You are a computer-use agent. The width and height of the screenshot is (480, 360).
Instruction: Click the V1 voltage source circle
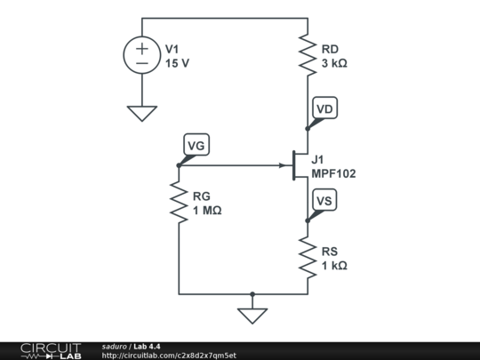click(142, 55)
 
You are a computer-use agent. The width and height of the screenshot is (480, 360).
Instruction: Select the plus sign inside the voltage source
click(142, 47)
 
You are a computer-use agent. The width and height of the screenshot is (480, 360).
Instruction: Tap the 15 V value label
click(177, 64)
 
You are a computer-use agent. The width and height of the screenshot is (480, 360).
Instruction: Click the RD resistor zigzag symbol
click(308, 55)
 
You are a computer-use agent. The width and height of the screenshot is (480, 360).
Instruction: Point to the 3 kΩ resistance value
click(334, 64)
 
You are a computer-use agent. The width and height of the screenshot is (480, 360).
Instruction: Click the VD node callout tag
click(325, 109)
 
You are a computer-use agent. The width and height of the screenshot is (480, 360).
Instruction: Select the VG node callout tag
click(196, 145)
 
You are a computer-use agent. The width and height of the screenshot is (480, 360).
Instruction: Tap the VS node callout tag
click(325, 202)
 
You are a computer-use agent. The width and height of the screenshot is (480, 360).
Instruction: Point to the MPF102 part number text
click(333, 174)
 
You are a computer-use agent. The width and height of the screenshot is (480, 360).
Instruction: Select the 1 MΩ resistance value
click(207, 212)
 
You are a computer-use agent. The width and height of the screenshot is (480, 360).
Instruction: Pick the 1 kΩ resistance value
click(334, 266)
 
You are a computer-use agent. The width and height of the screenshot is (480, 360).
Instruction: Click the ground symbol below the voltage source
click(142, 113)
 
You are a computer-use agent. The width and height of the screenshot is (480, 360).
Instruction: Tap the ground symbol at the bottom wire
click(252, 315)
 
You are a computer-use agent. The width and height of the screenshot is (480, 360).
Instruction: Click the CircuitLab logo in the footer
click(50, 350)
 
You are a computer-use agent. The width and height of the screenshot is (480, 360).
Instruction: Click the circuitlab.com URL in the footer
click(169, 356)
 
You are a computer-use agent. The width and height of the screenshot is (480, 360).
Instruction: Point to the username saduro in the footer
click(114, 346)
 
